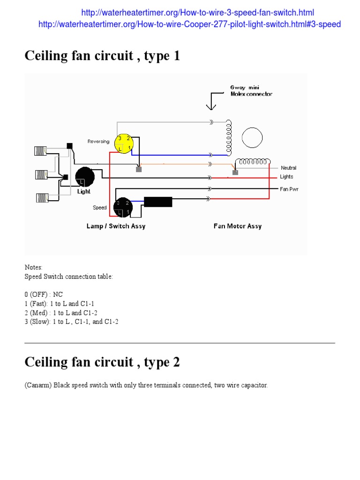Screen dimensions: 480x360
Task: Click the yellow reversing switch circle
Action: tap(124, 143)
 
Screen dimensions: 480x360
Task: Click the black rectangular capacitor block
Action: tap(158, 202)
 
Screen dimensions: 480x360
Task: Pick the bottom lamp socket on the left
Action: tap(42, 198)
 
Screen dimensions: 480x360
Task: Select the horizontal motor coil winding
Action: tap(253, 162)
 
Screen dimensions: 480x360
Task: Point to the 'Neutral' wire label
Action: tap(288, 168)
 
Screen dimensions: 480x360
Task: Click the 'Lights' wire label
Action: tap(286, 177)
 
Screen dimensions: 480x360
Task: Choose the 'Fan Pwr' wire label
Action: tap(289, 189)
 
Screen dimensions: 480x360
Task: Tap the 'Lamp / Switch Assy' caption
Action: tap(116, 226)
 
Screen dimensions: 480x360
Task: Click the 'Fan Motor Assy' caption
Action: tap(237, 226)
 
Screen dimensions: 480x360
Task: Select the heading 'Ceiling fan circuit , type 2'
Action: tap(102, 362)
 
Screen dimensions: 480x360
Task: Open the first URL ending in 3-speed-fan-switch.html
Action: tap(197, 13)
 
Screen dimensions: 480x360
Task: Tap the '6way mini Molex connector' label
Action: tap(251, 90)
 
